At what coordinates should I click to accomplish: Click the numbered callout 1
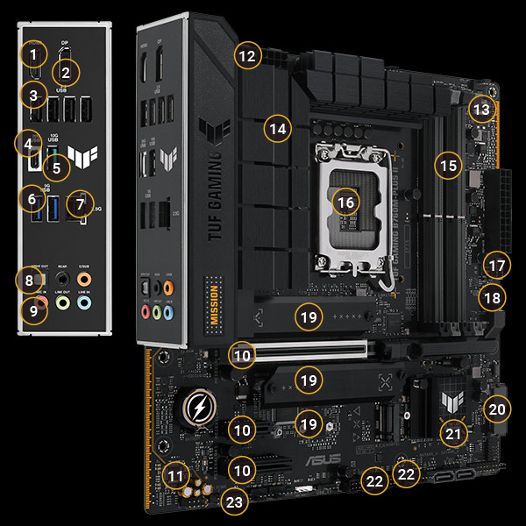coord(33,56)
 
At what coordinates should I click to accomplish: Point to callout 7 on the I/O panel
coord(82,204)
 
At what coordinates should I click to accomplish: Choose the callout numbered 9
coord(34,309)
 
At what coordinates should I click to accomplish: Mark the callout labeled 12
coord(248,56)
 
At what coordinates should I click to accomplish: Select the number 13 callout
coord(480,110)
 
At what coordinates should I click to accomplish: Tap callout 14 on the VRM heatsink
coord(278,130)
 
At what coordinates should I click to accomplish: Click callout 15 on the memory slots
coord(449,164)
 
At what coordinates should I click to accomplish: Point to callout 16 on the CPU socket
coord(347,202)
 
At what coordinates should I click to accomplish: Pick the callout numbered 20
coord(497,409)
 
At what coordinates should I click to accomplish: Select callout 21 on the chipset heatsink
coord(453,432)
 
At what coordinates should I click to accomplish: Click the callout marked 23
coord(233,502)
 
